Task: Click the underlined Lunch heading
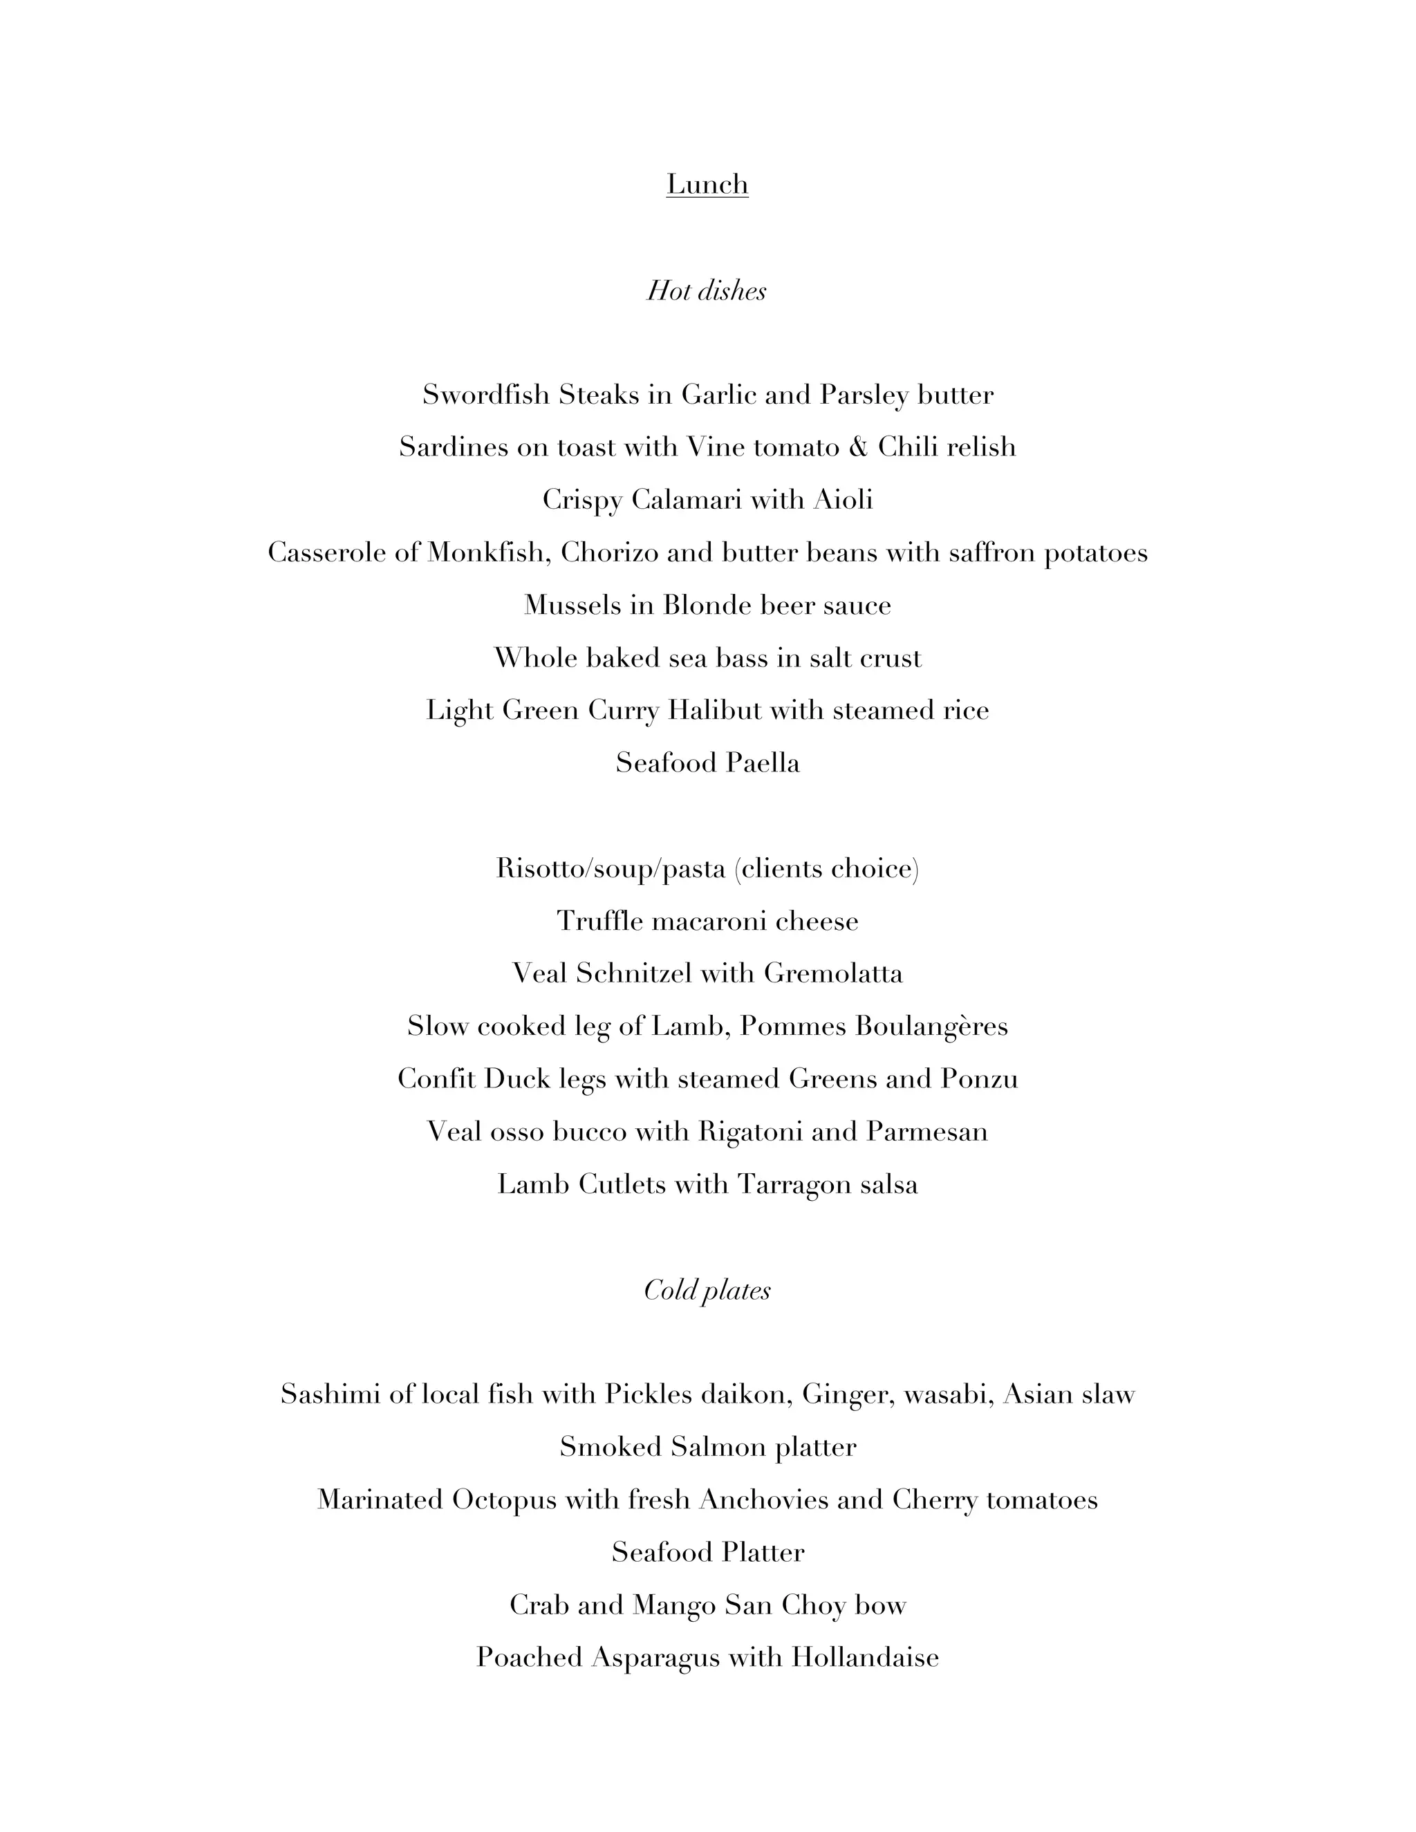click(707, 184)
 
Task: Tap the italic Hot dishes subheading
click(707, 290)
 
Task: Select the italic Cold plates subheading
click(707, 1289)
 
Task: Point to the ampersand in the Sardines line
click(858, 447)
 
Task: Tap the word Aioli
click(842, 500)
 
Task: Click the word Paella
click(763, 763)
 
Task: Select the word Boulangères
click(931, 1026)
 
